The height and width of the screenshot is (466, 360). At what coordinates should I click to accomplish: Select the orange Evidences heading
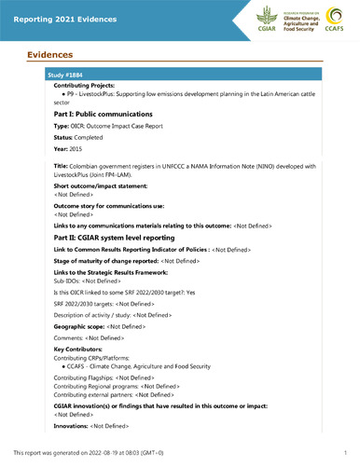pos(48,55)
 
